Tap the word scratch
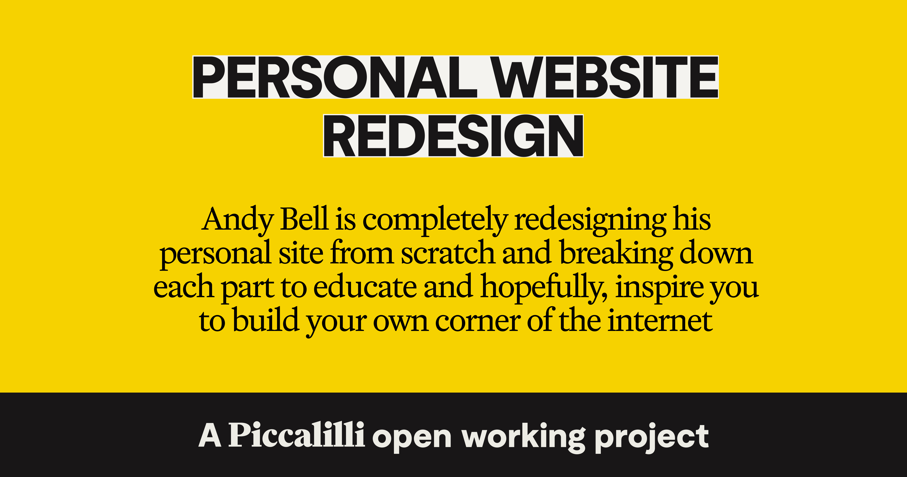[x=448, y=253]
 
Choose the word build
[x=266, y=320]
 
